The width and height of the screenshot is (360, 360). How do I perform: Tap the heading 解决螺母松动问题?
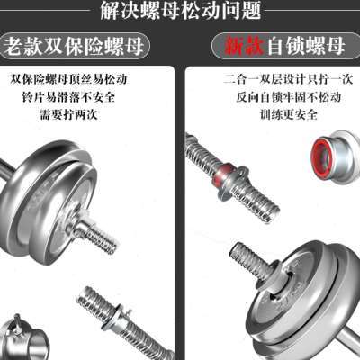point(180,12)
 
